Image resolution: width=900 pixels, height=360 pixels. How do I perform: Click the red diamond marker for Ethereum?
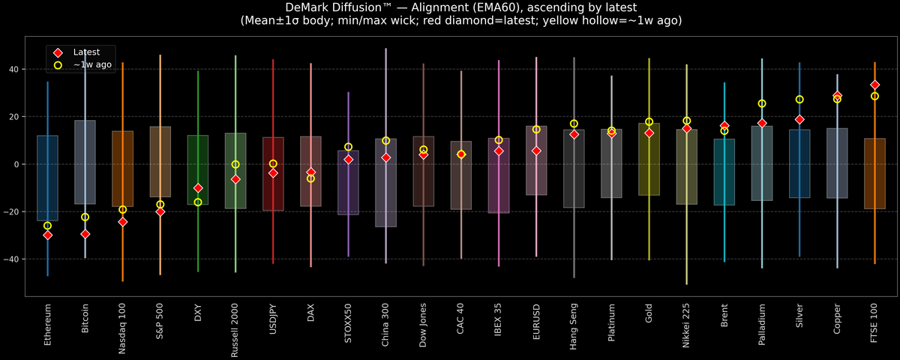coord(47,235)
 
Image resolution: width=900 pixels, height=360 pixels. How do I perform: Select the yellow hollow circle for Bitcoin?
coord(85,217)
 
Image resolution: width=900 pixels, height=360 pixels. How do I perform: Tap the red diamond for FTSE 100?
coord(874,85)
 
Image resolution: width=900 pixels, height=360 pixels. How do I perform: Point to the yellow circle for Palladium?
coord(762,103)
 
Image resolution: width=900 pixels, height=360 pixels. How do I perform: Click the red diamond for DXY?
coord(198,187)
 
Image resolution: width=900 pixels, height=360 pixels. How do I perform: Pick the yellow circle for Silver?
coord(799,99)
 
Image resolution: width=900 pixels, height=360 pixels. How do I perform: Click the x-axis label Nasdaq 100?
coord(123,327)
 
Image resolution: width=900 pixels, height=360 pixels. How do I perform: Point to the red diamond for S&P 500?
coord(160,211)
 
